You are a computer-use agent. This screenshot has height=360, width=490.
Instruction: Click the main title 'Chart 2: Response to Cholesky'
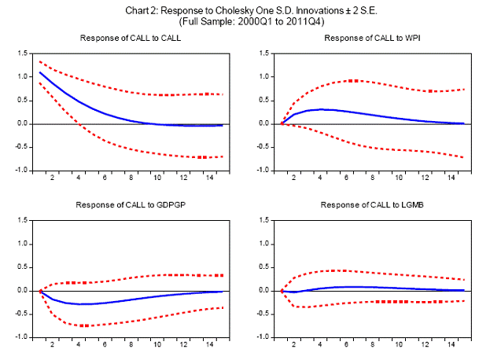[x=245, y=10]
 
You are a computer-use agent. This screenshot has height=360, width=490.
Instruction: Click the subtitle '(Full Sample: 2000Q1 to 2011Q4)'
[x=245, y=22]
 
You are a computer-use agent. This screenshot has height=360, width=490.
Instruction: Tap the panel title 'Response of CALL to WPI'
[x=370, y=39]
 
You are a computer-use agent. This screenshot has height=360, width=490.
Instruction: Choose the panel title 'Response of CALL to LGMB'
[x=370, y=205]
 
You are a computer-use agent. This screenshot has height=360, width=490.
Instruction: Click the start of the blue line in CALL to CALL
[x=40, y=72]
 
